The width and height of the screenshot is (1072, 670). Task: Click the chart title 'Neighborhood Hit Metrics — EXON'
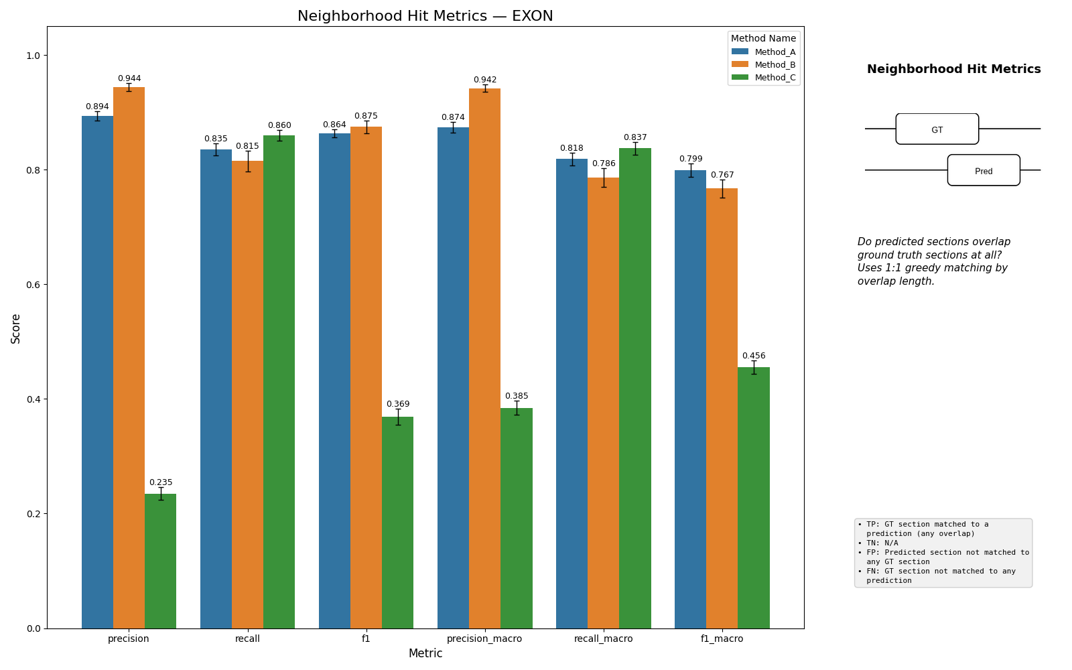pos(425,16)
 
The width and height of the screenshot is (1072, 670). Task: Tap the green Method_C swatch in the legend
pos(740,78)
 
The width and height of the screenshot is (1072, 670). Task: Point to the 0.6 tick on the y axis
pos(34,285)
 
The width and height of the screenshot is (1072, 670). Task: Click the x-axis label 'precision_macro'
pos(484,639)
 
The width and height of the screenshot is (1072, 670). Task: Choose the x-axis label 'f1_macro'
pos(722,639)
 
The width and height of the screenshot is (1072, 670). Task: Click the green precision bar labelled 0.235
pos(160,561)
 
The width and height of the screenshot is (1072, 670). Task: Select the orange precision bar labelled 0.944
pos(129,358)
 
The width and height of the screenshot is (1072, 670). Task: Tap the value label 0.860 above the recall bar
pos(279,125)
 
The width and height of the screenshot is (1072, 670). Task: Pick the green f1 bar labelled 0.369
pos(398,523)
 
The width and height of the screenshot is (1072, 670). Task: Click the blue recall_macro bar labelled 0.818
pos(572,394)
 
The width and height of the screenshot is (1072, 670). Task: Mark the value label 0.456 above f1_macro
pos(754,356)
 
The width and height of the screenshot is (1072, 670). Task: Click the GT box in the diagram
pos(937,129)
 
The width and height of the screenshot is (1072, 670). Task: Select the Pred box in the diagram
pos(984,170)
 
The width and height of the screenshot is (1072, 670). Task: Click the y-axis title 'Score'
pos(16,329)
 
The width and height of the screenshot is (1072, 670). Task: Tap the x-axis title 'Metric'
pos(425,654)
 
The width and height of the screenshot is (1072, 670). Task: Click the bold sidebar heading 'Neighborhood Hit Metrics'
pos(954,69)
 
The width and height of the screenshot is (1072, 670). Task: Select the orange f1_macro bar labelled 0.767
pos(722,409)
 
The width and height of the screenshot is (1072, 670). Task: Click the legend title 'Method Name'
pos(763,38)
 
